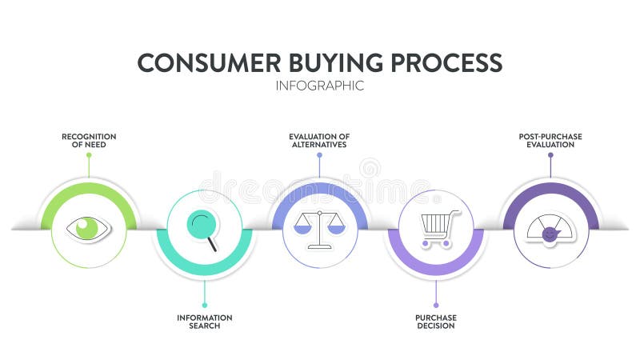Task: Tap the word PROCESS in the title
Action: pyautogui.click(x=447, y=62)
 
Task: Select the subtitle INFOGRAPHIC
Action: pyautogui.click(x=320, y=86)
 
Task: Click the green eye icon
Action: pyautogui.click(x=89, y=228)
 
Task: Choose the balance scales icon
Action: pyautogui.click(x=319, y=229)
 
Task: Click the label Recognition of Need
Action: pyautogui.click(x=89, y=141)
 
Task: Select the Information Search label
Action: pyautogui.click(x=205, y=322)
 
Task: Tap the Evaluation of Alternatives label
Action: pyautogui.click(x=319, y=141)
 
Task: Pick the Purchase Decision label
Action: pyautogui.click(x=436, y=322)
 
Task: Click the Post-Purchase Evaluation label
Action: pyautogui.click(x=550, y=141)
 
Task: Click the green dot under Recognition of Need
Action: pyautogui.click(x=89, y=154)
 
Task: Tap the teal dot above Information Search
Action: pyautogui.click(x=205, y=305)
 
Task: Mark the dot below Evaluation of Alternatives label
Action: pyautogui.click(x=319, y=154)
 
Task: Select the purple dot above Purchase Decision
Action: pyautogui.click(x=436, y=305)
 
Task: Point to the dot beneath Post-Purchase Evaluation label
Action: pyautogui.click(x=550, y=154)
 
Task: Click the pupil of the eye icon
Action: pyautogui.click(x=86, y=228)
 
